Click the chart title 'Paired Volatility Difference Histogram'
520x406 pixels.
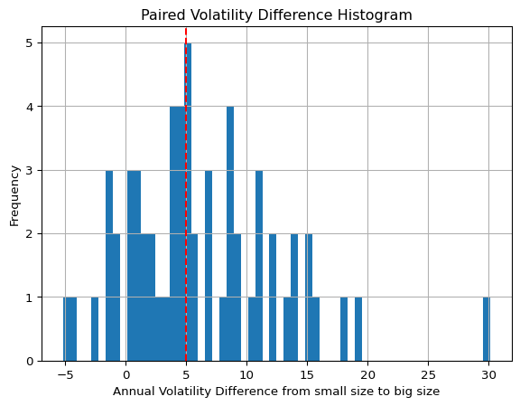click(x=276, y=15)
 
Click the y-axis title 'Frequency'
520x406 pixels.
click(x=14, y=196)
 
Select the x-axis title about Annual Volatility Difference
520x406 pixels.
click(x=276, y=392)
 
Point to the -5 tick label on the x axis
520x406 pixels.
click(x=65, y=375)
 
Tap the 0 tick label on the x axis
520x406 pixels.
click(x=126, y=375)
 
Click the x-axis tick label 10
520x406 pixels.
click(x=246, y=375)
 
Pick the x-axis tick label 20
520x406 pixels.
click(x=367, y=375)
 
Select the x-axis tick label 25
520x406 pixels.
click(x=428, y=375)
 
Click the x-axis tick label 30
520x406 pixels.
click(x=488, y=375)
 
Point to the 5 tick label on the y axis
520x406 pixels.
click(x=30, y=43)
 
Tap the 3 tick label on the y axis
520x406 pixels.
click(x=30, y=170)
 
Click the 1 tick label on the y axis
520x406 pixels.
click(x=30, y=297)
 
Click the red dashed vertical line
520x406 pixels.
click(x=186, y=194)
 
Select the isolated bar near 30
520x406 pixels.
click(x=487, y=329)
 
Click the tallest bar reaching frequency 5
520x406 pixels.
click(x=188, y=202)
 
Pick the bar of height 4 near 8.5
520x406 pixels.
click(x=230, y=233)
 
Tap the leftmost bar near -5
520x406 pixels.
click(x=67, y=329)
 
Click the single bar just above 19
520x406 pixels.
click(x=358, y=329)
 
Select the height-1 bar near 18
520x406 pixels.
click(x=344, y=329)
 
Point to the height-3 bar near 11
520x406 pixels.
click(x=259, y=266)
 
